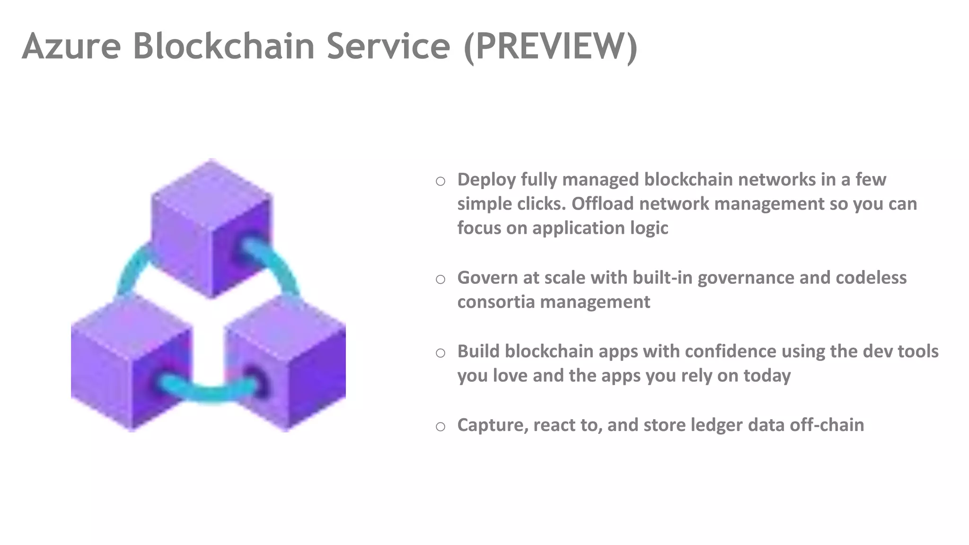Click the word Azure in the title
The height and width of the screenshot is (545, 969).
click(x=71, y=46)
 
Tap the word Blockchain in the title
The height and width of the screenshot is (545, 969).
click(x=223, y=46)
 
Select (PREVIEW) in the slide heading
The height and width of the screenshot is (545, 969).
click(x=551, y=46)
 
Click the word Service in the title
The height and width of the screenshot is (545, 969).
click(x=388, y=46)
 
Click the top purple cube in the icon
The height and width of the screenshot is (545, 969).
click(x=211, y=227)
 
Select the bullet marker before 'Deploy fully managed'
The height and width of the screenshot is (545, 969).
click(x=440, y=181)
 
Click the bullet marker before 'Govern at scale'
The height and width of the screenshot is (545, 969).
click(x=440, y=279)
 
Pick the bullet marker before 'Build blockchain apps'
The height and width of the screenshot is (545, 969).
click(x=440, y=353)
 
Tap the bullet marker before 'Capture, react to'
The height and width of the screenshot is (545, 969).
click(x=440, y=427)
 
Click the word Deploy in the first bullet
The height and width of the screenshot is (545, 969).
click(x=486, y=180)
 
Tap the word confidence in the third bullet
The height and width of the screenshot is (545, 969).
click(x=730, y=352)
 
